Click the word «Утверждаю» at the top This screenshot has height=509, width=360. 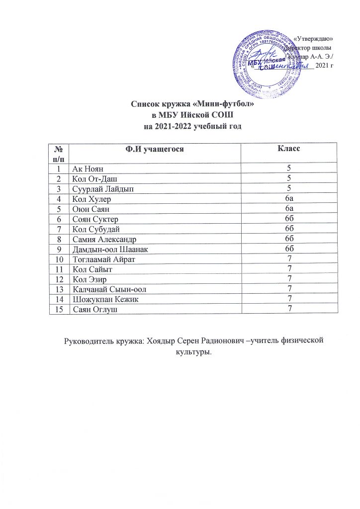tap(314, 38)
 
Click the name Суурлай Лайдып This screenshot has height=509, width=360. tap(102, 188)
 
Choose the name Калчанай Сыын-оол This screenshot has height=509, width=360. tap(109, 289)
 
